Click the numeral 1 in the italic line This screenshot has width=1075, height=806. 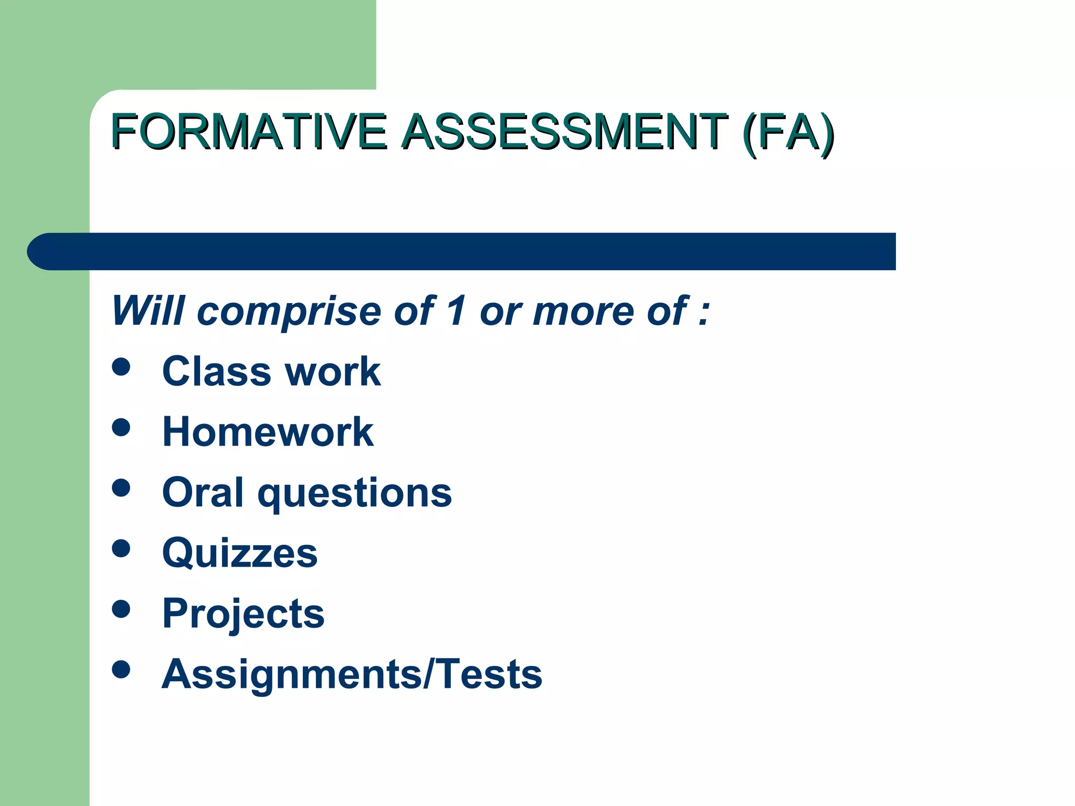click(x=457, y=311)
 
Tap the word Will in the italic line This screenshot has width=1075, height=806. click(x=148, y=311)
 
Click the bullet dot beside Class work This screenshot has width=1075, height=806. click(x=121, y=367)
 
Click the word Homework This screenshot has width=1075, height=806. click(x=268, y=432)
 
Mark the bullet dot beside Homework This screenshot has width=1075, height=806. click(x=121, y=427)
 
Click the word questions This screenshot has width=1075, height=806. click(x=355, y=494)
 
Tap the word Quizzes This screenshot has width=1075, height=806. click(x=240, y=553)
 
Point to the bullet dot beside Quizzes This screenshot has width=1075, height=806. click(x=121, y=548)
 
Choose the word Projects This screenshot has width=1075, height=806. click(x=244, y=614)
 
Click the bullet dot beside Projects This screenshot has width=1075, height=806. click(x=121, y=609)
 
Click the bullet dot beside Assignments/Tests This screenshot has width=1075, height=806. click(x=121, y=669)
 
